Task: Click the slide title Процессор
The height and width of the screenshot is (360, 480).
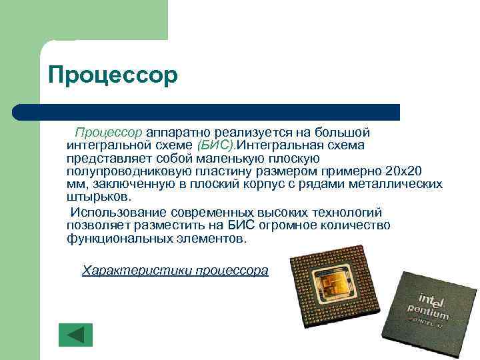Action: (x=113, y=75)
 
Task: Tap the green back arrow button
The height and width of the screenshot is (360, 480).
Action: (x=75, y=335)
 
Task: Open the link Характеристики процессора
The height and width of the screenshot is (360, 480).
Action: (x=175, y=271)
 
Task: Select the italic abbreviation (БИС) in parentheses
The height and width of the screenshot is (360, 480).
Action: (x=216, y=145)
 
